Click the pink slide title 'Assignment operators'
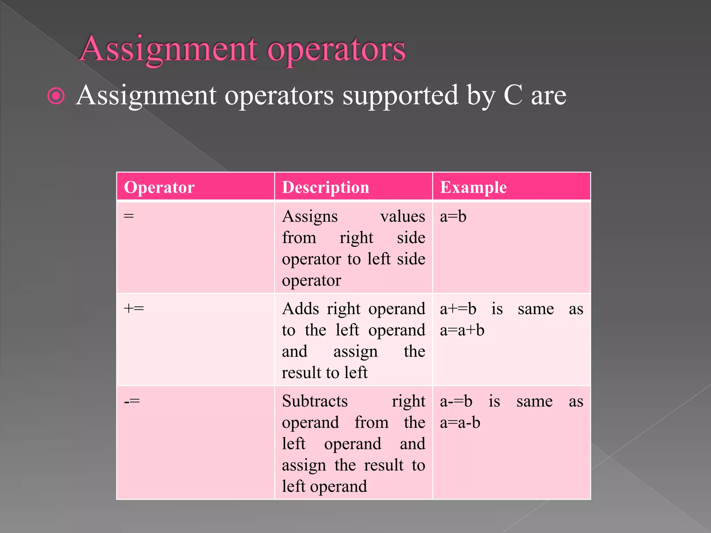pyautogui.click(x=242, y=49)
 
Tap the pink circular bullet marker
pyautogui.click(x=56, y=96)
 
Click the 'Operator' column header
pyautogui.click(x=159, y=187)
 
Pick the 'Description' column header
pyautogui.click(x=325, y=187)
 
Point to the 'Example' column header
pyautogui.click(x=473, y=187)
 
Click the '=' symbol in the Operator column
pyautogui.click(x=129, y=216)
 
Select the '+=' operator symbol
pyautogui.click(x=134, y=308)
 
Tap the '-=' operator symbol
pyautogui.click(x=132, y=401)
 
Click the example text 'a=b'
pyautogui.click(x=453, y=217)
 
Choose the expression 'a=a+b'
pyautogui.click(x=462, y=330)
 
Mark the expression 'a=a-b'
pyautogui.click(x=460, y=423)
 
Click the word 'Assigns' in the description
pyautogui.click(x=310, y=217)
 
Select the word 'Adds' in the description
pyautogui.click(x=300, y=308)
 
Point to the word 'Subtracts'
pyautogui.click(x=315, y=401)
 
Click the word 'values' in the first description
pyautogui.click(x=402, y=217)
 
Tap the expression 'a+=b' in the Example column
pyautogui.click(x=458, y=308)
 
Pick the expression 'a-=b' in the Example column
pyautogui.click(x=456, y=401)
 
